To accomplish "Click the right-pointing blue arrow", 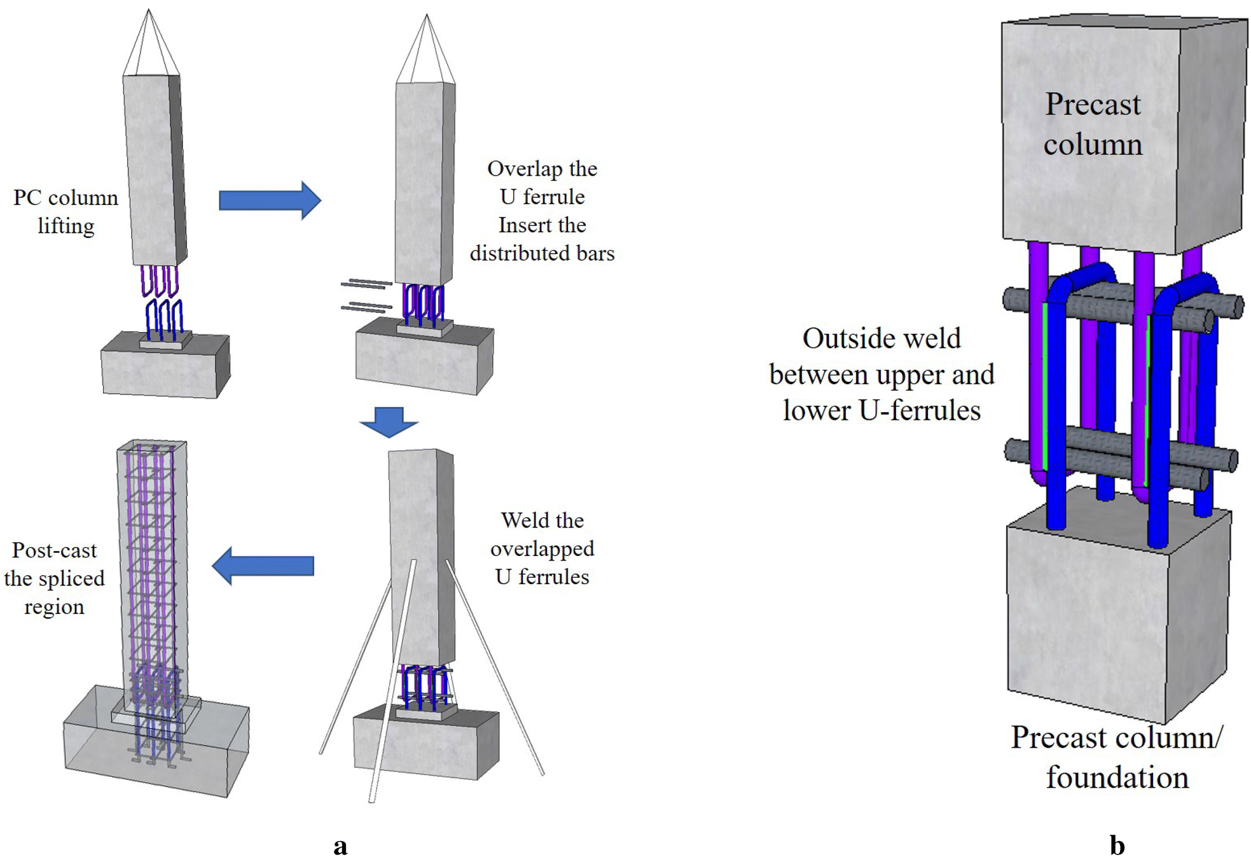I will pyautogui.click(x=269, y=200).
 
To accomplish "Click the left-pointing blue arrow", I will pyautogui.click(x=263, y=566).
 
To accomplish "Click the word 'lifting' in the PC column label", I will pyautogui.click(x=66, y=226).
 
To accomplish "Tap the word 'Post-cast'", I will pyautogui.click(x=54, y=550).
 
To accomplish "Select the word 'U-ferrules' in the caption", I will pyautogui.click(x=920, y=411).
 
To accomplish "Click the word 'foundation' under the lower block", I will pyautogui.click(x=1117, y=777).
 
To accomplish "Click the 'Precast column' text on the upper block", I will pyautogui.click(x=1093, y=124).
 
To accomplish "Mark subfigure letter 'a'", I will pyautogui.click(x=340, y=846).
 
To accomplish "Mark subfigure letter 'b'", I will pyautogui.click(x=1117, y=846).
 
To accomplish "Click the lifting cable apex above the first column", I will pyautogui.click(x=149, y=11).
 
